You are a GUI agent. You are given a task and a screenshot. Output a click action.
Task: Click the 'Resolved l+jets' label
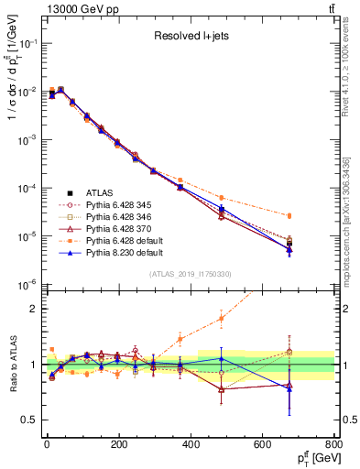(191, 38)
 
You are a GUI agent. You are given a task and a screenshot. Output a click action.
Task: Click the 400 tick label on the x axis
(191, 446)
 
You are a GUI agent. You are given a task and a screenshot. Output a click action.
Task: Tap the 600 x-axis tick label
(262, 446)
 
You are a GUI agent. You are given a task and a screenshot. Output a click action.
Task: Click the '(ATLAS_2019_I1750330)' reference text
(190, 274)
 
